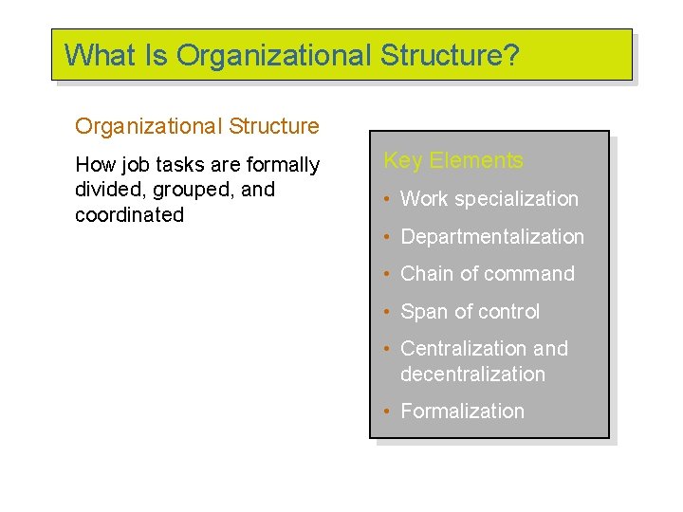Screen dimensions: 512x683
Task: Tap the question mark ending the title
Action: tap(511, 55)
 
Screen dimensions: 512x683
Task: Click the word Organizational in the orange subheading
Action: tap(136, 126)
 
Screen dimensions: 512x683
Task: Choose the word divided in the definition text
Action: tap(106, 190)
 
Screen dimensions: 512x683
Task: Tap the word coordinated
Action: tap(129, 215)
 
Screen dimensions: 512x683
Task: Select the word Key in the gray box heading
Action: tap(402, 160)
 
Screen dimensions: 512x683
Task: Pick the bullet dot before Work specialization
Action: tap(387, 200)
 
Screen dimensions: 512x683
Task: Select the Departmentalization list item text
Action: tap(492, 237)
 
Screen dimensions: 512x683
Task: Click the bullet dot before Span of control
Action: tap(387, 313)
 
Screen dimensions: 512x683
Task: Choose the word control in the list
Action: tap(508, 312)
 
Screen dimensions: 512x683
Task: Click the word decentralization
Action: tap(472, 375)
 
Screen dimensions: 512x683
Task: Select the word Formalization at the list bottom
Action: tap(462, 411)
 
